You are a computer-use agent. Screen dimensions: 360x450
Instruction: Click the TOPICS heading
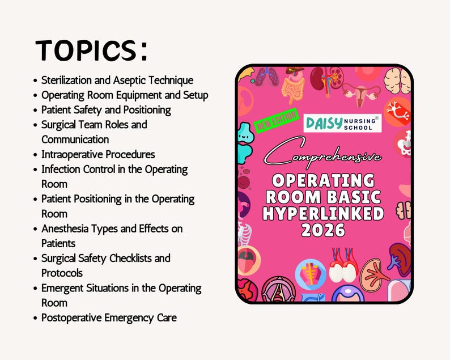tap(91, 51)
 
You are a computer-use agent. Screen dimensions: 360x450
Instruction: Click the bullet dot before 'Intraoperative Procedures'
tap(36, 155)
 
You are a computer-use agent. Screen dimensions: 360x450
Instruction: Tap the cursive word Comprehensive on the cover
tap(324, 156)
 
